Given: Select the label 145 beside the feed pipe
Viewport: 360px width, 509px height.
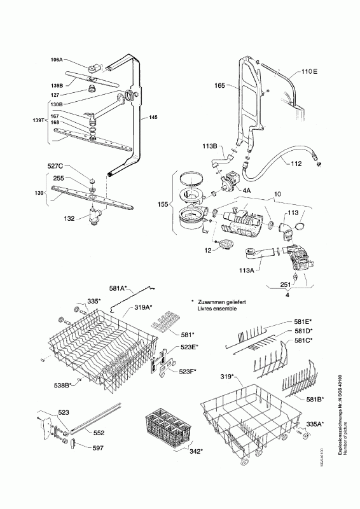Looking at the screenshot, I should tap(153, 117).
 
